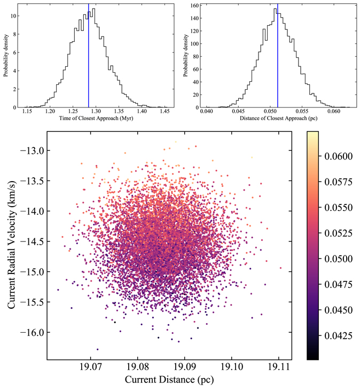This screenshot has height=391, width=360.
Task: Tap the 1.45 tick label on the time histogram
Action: point(163,112)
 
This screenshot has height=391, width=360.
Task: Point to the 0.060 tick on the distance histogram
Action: point(334,112)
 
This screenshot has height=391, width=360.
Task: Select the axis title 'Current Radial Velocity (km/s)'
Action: point(12,246)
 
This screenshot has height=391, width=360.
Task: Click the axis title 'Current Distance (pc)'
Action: point(170,381)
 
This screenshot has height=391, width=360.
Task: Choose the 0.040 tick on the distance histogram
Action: point(206,112)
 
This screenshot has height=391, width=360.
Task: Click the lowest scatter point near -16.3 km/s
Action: point(98,349)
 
